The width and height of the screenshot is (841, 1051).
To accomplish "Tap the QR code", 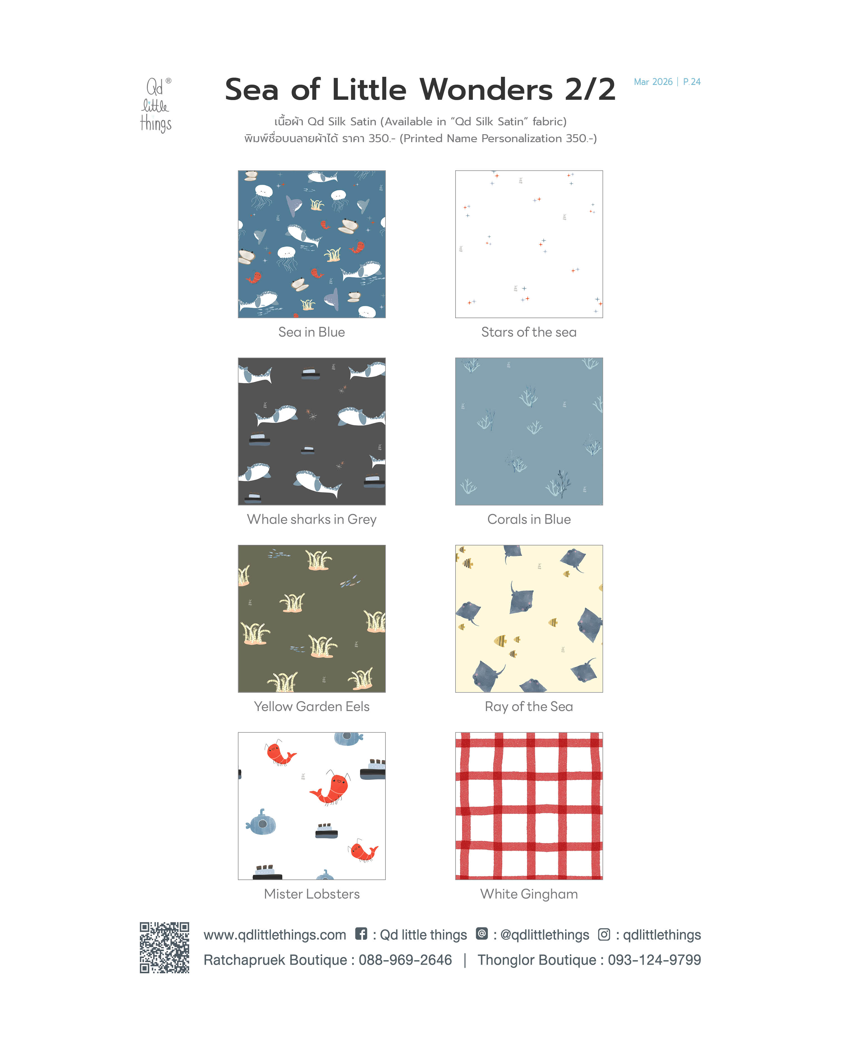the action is point(164,947).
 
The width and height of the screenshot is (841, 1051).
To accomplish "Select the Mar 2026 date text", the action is point(653,82).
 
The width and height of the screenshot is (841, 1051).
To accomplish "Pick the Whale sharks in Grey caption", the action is point(311,520).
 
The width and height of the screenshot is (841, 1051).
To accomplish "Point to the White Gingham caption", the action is point(529,894).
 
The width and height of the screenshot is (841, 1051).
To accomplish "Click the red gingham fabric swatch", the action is point(529,806).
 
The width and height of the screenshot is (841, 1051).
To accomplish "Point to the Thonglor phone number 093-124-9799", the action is point(654,960).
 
